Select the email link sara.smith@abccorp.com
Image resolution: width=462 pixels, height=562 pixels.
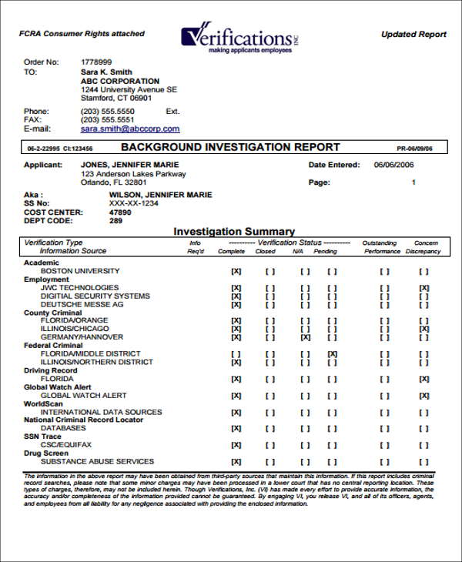point(130,129)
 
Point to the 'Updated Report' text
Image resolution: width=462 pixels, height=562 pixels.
point(413,35)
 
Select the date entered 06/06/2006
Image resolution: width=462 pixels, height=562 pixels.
point(394,165)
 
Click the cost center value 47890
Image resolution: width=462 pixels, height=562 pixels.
point(120,212)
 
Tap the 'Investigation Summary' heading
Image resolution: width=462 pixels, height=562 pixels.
point(233,231)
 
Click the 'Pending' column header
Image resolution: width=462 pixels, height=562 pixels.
point(326,251)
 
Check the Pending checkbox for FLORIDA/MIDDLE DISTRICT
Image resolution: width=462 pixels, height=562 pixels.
point(332,353)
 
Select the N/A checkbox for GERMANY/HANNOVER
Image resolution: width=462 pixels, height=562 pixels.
point(306,337)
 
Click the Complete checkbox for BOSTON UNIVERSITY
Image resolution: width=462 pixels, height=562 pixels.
point(236,271)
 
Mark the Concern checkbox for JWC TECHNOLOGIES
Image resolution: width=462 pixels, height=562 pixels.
point(423,288)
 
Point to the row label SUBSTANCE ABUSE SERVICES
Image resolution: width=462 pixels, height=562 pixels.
point(97,462)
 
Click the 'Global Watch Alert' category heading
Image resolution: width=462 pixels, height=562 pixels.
point(58,387)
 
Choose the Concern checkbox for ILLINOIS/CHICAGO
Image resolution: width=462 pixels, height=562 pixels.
point(423,329)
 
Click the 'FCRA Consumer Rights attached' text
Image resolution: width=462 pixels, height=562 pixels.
point(82,34)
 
